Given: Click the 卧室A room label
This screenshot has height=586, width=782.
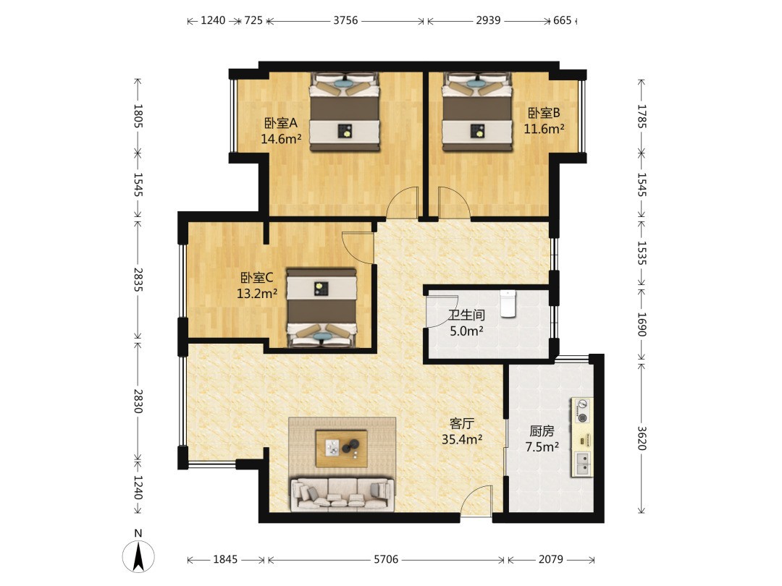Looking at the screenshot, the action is click(x=280, y=122).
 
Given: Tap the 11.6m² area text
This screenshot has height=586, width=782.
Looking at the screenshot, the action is click(x=544, y=129).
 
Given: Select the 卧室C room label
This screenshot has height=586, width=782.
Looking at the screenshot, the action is click(x=257, y=278).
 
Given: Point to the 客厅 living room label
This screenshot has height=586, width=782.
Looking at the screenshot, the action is click(x=461, y=423).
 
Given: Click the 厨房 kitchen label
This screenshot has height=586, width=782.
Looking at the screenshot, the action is click(x=542, y=430).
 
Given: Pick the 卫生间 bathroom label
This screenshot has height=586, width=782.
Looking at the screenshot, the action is click(x=466, y=315).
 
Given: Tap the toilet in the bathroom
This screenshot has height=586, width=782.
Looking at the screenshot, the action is click(x=508, y=303).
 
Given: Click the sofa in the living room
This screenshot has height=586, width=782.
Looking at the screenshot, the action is click(x=342, y=494).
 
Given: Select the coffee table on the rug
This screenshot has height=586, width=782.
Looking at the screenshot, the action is click(x=342, y=449).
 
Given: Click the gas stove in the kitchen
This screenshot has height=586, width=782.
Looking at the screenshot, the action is click(x=581, y=411).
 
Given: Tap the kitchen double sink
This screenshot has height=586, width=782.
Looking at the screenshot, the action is click(x=581, y=464).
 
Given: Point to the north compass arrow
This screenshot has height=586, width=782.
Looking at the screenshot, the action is click(x=138, y=556).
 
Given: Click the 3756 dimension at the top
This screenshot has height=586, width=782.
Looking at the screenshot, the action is click(x=345, y=20).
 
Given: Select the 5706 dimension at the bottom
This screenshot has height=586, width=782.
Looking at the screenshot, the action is click(x=386, y=559).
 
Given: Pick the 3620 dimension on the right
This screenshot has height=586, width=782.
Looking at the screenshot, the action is click(x=642, y=438).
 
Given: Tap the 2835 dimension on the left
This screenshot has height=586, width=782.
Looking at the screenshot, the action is click(x=138, y=280).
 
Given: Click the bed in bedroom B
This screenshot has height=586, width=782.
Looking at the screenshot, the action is click(x=478, y=111).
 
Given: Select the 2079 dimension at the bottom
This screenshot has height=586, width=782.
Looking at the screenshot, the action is click(x=550, y=559).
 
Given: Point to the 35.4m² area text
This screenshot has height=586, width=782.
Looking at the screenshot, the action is click(x=462, y=440).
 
